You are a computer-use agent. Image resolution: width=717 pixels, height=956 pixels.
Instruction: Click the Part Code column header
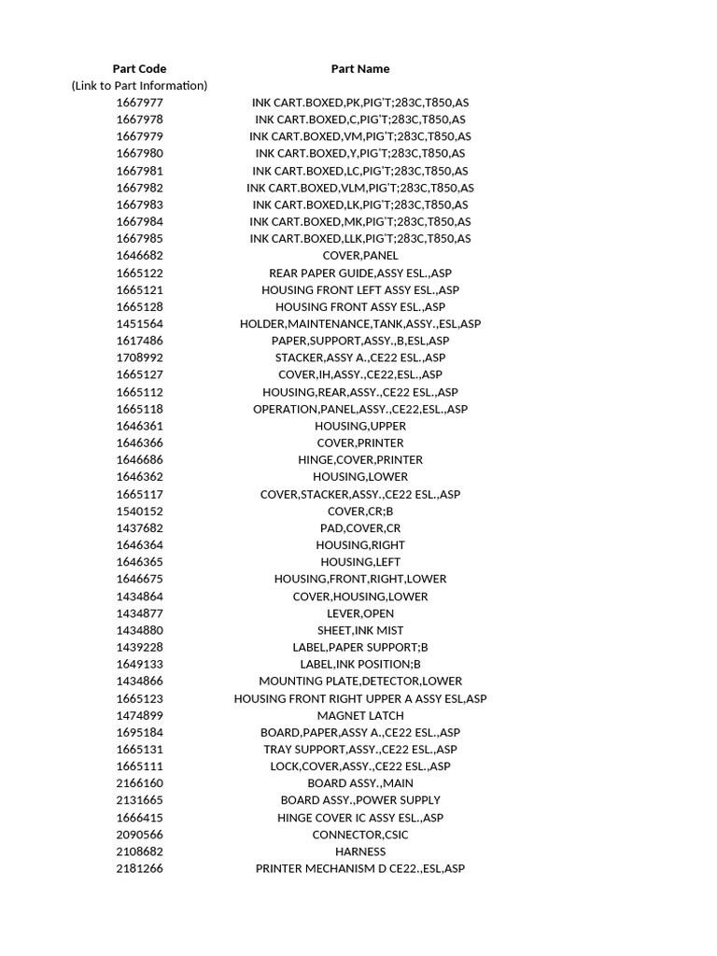(139, 68)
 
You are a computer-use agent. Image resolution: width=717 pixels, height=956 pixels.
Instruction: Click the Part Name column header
(359, 68)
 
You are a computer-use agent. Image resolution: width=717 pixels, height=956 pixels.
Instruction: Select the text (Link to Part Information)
(139, 85)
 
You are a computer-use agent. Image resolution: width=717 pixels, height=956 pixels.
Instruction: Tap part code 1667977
(139, 103)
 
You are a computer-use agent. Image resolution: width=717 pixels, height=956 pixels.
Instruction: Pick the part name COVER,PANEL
(359, 256)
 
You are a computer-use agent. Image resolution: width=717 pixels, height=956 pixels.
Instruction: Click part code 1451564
(139, 324)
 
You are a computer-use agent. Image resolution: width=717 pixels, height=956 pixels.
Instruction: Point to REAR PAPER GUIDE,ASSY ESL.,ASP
(359, 273)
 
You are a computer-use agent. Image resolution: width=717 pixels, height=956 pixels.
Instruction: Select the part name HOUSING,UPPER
(359, 426)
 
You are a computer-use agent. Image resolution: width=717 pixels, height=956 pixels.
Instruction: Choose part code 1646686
(139, 459)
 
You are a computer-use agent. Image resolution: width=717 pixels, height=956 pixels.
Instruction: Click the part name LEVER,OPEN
(359, 613)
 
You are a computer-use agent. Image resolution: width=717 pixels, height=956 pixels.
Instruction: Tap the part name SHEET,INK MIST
(359, 630)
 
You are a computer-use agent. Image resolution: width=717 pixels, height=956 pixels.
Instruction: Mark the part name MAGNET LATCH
(359, 715)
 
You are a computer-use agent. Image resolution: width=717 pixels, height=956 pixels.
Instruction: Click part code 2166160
(139, 783)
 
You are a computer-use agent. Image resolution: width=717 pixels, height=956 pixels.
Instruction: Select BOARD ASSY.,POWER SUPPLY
(359, 800)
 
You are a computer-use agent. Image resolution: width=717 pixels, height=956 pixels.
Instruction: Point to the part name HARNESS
(359, 851)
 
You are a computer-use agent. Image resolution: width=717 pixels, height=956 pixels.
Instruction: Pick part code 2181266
(139, 868)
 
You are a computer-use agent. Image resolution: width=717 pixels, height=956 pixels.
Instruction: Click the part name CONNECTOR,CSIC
(359, 835)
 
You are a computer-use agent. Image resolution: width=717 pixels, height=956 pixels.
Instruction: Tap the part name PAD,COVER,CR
(359, 528)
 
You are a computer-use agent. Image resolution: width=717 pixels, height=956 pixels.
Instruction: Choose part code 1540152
(139, 512)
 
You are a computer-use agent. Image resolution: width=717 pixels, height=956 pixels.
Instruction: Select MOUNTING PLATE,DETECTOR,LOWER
(359, 682)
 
